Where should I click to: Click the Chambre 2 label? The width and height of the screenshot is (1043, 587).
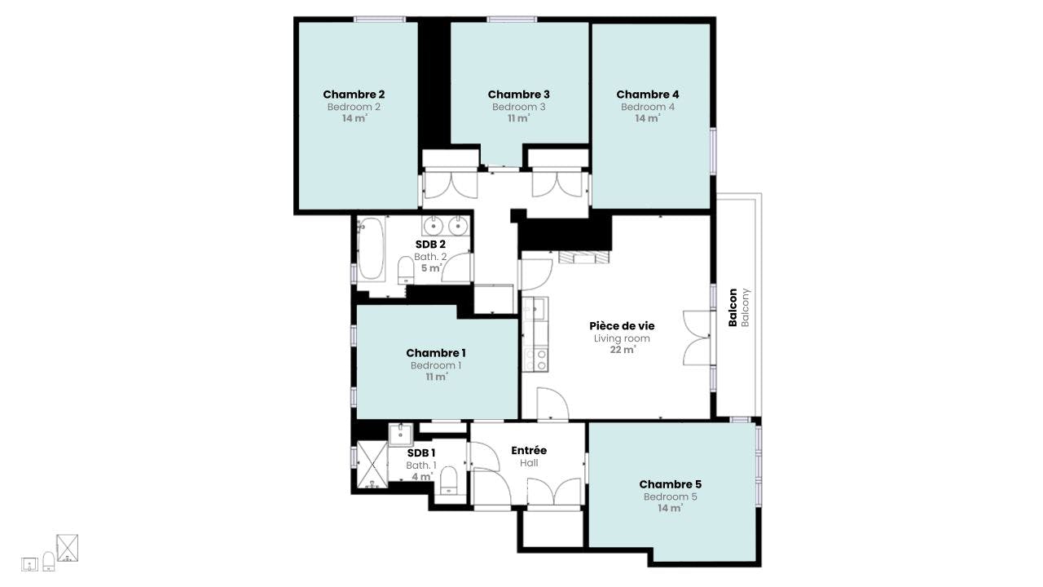pos(354,95)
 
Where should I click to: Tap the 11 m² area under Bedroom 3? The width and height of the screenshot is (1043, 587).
pos(518,118)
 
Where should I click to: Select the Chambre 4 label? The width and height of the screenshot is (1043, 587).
pos(648,95)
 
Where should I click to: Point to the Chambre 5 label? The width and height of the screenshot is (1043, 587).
pos(670,484)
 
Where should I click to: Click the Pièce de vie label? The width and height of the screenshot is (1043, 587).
pos(622,326)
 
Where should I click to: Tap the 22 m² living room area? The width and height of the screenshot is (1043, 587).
pos(623,350)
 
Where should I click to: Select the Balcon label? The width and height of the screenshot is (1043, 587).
pos(733,307)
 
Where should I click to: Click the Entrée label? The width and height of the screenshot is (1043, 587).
pos(529,451)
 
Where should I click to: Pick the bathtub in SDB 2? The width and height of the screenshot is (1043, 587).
pos(371,249)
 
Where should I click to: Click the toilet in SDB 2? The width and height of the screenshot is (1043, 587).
pos(406,270)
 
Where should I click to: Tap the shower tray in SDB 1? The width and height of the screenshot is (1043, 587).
pos(372,465)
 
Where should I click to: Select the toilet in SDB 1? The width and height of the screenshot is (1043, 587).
pos(449,480)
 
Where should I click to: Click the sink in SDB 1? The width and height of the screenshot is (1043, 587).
pos(400,435)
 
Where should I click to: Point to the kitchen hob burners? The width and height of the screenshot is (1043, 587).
pos(535,360)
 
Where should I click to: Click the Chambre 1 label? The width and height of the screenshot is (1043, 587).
pos(436,353)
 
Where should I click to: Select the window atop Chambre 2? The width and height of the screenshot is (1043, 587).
pos(380,19)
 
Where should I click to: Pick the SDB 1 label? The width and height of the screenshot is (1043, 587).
pos(421,452)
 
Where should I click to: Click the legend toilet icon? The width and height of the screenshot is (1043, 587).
pos(48,562)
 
